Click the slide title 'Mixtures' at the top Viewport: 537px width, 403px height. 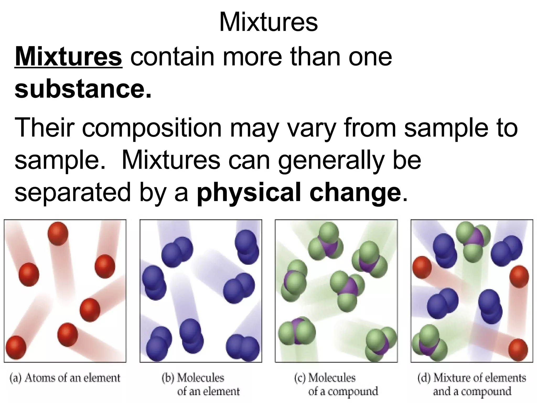point(268,22)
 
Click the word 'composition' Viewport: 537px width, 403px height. point(152,128)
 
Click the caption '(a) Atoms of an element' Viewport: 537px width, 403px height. point(65,378)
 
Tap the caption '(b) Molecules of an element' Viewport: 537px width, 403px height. point(201,384)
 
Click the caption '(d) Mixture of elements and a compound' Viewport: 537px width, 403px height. point(472,384)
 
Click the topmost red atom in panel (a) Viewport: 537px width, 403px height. point(58,234)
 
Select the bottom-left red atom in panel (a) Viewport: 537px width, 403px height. point(16,347)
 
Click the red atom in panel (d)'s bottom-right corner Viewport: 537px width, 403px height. point(518,349)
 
